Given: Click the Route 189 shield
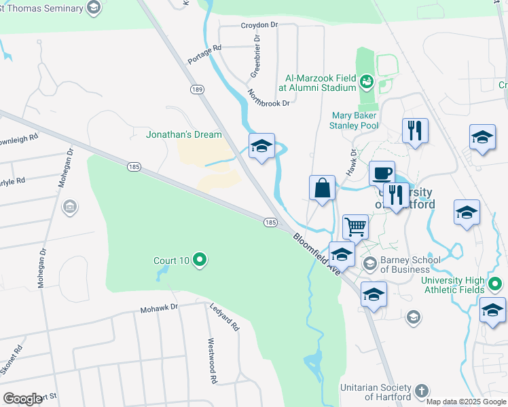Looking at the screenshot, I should (x=197, y=90).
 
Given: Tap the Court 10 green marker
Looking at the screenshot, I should (x=200, y=260).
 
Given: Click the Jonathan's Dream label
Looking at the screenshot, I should (x=184, y=134).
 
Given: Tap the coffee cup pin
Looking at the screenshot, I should (x=382, y=173).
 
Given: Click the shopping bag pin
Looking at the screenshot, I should (x=322, y=187).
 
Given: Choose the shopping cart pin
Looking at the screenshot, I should (x=355, y=227).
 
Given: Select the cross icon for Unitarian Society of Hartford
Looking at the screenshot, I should (x=422, y=391).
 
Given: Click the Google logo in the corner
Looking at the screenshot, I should (x=22, y=399).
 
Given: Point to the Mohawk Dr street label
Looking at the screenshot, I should (x=158, y=308).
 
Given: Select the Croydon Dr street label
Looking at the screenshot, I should (x=259, y=25).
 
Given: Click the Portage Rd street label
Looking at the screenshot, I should (x=205, y=54).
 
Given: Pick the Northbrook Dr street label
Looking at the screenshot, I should (x=269, y=98).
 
